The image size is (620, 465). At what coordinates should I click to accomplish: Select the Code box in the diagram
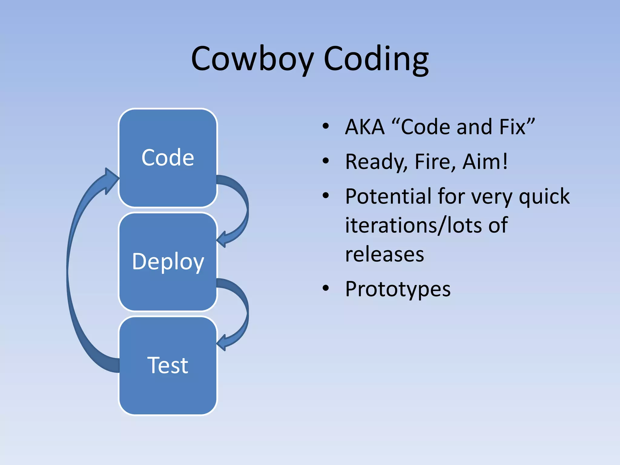click(168, 158)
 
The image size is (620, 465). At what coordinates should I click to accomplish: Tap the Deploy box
click(168, 262)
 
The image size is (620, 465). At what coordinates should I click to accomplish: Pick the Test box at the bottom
click(168, 365)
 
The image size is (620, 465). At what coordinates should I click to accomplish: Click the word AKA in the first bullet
click(365, 127)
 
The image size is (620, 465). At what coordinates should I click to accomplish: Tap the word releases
click(384, 255)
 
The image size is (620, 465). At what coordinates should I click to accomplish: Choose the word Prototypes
click(397, 289)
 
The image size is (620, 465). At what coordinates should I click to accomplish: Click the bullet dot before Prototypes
click(325, 288)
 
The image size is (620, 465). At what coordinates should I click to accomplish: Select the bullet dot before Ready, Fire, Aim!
click(325, 161)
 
